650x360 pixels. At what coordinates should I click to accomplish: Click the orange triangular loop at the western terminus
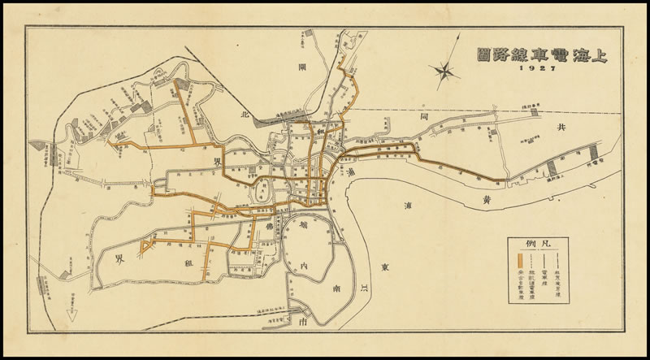pyautogui.click(x=147, y=245)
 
